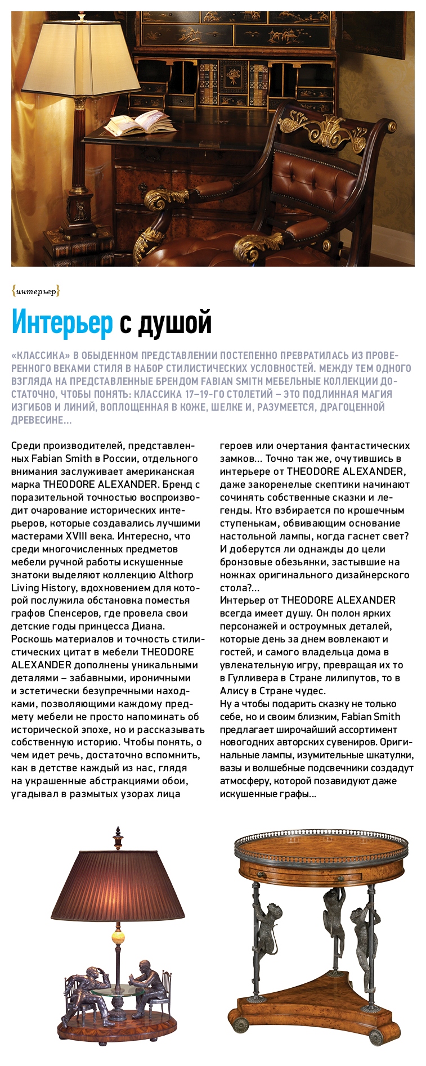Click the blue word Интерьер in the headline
click(x=62, y=323)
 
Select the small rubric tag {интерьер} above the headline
click(x=35, y=291)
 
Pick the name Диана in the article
click(x=146, y=626)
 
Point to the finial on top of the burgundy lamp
click(x=118, y=839)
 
